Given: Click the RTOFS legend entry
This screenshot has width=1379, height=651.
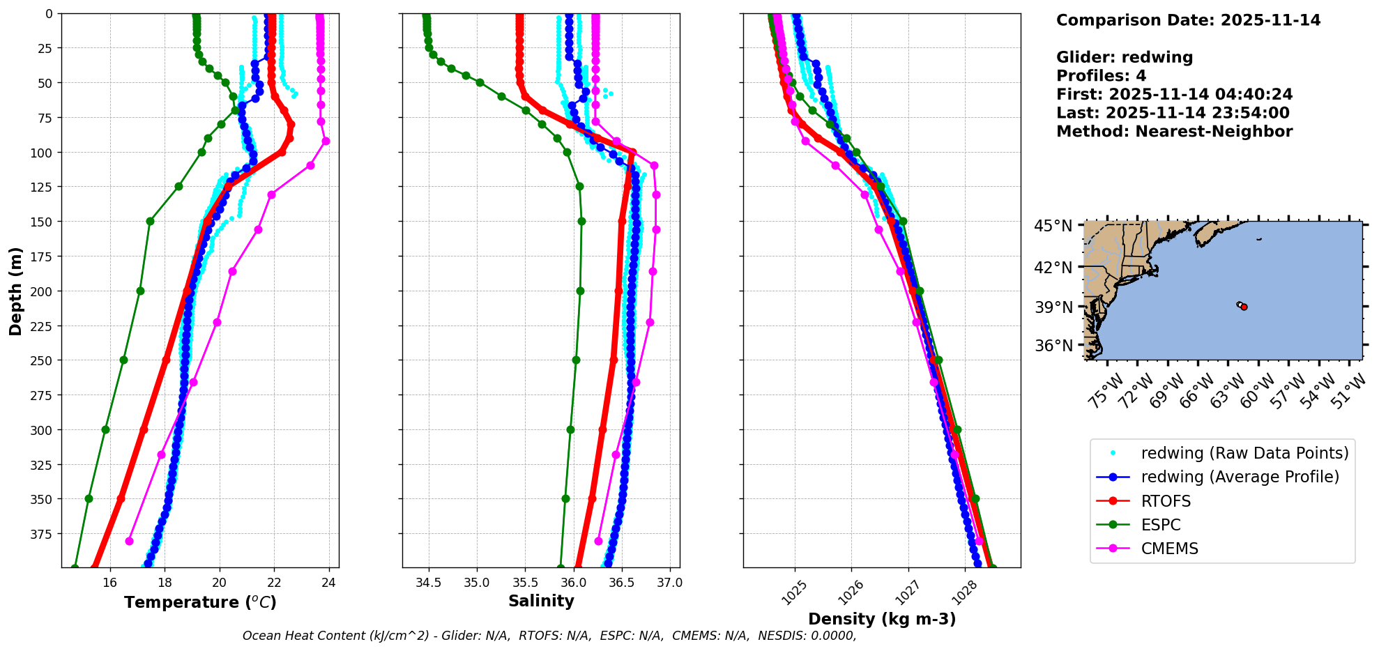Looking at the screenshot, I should [1166, 501].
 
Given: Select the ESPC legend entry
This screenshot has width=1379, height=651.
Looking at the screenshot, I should [1161, 525].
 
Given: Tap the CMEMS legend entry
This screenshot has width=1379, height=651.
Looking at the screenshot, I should [1169, 549].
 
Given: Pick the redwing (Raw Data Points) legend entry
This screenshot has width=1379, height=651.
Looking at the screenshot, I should [1244, 453].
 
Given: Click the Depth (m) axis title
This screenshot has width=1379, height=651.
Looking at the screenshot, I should [15, 291].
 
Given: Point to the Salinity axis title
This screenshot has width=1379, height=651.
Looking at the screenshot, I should [541, 601].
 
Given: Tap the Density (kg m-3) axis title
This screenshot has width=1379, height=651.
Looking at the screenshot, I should [882, 619].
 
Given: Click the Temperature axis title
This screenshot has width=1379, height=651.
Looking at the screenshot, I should [200, 602].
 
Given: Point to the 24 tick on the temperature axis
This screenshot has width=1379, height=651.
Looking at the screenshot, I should [329, 583].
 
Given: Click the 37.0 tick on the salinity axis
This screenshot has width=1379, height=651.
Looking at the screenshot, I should [669, 583].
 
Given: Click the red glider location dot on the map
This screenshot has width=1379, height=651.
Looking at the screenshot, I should [1244, 307].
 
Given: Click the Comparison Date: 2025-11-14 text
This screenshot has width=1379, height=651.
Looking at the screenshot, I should [1188, 20].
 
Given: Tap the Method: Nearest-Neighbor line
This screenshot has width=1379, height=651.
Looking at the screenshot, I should [1174, 132].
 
